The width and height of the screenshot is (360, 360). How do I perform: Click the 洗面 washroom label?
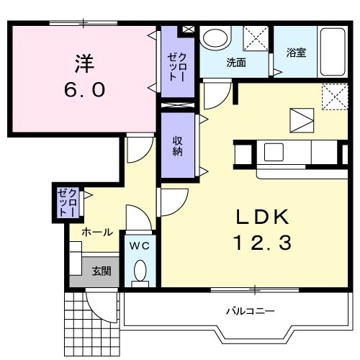(x=236, y=63)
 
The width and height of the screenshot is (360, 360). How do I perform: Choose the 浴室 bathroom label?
(x=296, y=53)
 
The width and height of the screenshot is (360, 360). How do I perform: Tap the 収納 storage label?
(x=177, y=146)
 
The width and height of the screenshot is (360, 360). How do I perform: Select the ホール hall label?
(x=96, y=232)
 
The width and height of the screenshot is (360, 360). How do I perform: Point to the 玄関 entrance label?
(x=101, y=271)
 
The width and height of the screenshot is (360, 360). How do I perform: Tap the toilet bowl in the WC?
(x=140, y=272)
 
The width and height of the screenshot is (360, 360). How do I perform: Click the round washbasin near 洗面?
(x=214, y=39)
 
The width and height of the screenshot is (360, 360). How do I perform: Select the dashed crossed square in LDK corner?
(x=333, y=96)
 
